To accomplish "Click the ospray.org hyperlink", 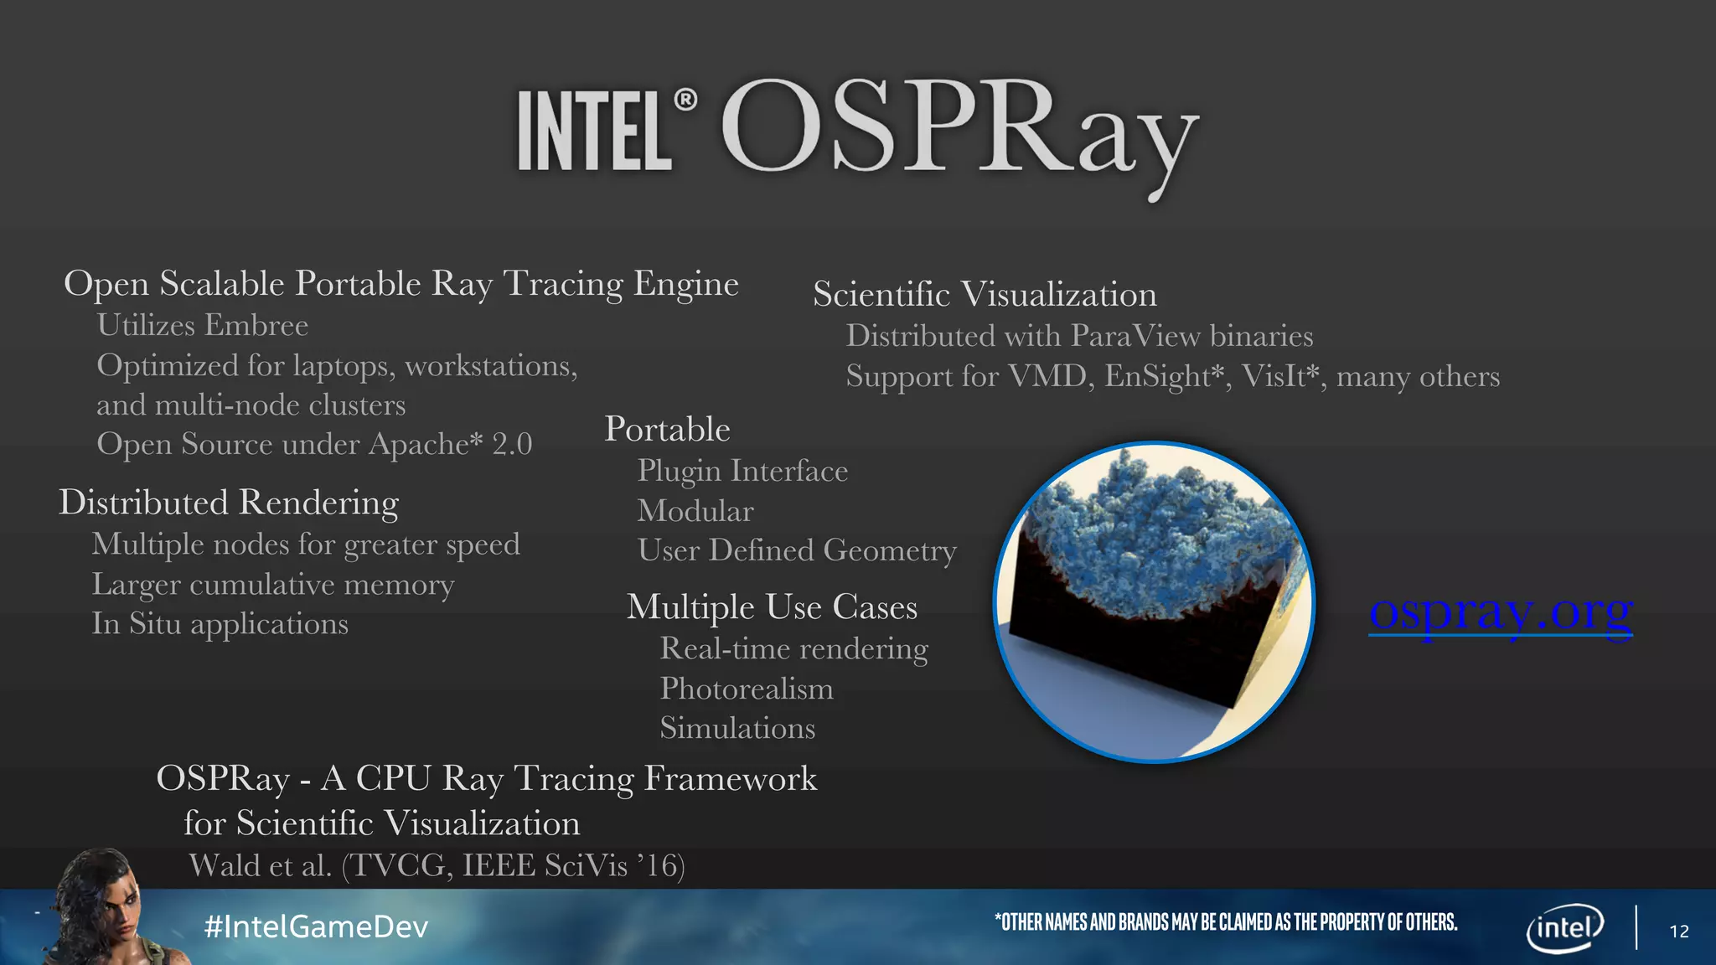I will click(1500, 612).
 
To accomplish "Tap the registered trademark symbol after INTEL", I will click(685, 101).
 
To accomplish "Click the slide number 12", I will click(1678, 931).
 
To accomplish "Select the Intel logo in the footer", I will click(1564, 927).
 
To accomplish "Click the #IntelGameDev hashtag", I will click(316, 926).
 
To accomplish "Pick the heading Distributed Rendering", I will click(228, 503).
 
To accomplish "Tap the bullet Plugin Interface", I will click(742, 471).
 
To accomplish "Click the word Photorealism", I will click(746, 689).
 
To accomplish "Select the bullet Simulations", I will click(737, 728).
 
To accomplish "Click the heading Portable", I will click(667, 430).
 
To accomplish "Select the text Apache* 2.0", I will click(450, 444).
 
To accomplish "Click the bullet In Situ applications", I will click(220, 624).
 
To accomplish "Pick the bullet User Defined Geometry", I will click(796, 550).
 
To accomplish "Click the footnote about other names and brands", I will click(1225, 922).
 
